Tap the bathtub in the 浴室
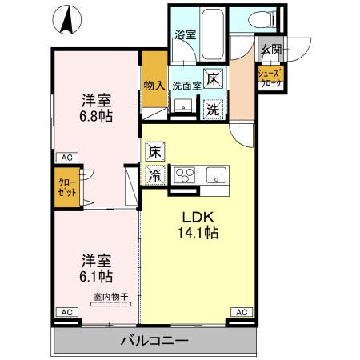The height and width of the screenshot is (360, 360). pos(211,31)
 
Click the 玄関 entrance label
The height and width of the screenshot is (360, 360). pos(270,49)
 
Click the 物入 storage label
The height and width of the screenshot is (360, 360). pos(154,85)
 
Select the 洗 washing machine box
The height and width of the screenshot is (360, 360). pos(213,110)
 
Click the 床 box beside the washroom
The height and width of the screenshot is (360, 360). pos(213,80)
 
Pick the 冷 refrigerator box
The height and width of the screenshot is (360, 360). pos(154,174)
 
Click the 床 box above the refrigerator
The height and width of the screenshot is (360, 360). pos(154,150)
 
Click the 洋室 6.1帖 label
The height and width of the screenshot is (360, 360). pos(96,269)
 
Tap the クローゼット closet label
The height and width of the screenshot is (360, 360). pos(66,188)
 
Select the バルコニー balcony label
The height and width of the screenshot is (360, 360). pos(154,341)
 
